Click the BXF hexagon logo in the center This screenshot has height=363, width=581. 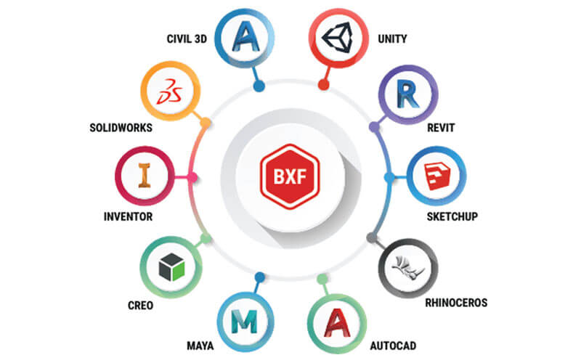pyautogui.click(x=290, y=176)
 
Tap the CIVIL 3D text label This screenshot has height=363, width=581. pyautogui.click(x=187, y=39)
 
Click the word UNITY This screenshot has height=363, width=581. pyautogui.click(x=392, y=39)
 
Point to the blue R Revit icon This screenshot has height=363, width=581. pyautogui.click(x=407, y=94)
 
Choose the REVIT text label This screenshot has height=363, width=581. pyautogui.click(x=441, y=128)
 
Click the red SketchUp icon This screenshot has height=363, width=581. pyautogui.click(x=437, y=176)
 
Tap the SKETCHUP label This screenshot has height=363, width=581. pyautogui.click(x=452, y=216)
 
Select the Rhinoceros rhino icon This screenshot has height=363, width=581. pyautogui.click(x=408, y=267)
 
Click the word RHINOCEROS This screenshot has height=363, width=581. pyautogui.click(x=456, y=303)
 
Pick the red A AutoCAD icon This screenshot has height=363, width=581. pyautogui.click(x=337, y=322)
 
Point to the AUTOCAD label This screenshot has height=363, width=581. pyautogui.click(x=393, y=346)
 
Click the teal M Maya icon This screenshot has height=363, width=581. pyautogui.click(x=244, y=322)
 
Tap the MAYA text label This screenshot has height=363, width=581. pyautogui.click(x=200, y=346)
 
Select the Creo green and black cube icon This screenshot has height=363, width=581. pyautogui.click(x=171, y=266)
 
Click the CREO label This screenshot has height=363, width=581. pyautogui.click(x=140, y=306)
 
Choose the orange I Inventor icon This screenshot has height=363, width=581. pyautogui.click(x=144, y=175)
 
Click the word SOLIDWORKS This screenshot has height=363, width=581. pyautogui.click(x=121, y=128)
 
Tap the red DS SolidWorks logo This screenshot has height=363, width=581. pyautogui.click(x=170, y=91)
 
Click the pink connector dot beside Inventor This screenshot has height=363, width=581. pyautogui.click(x=192, y=178)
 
